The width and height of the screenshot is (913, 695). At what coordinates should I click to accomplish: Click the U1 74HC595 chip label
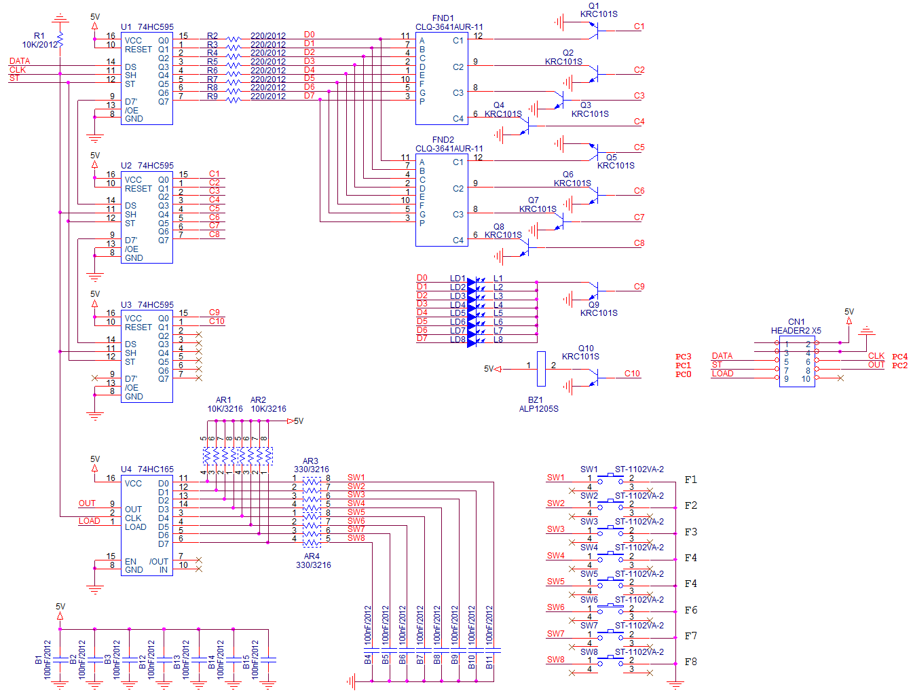click(x=147, y=27)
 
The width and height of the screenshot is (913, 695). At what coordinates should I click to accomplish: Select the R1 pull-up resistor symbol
click(x=60, y=40)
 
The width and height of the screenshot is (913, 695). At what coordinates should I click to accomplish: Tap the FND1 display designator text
click(x=443, y=18)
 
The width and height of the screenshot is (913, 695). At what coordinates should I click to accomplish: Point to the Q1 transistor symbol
click(x=594, y=28)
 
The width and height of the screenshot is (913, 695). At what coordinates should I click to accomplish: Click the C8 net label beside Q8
click(x=639, y=243)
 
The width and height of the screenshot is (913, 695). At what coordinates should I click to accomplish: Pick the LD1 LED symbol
click(x=472, y=279)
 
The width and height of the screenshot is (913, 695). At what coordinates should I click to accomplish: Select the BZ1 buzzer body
click(x=541, y=369)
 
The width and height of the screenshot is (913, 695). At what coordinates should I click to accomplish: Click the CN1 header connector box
click(x=797, y=361)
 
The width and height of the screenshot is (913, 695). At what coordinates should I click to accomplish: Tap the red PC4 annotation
click(x=899, y=357)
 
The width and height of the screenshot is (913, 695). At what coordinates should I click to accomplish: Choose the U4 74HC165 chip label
click(x=147, y=469)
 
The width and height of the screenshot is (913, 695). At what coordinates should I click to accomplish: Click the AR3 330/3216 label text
click(x=311, y=465)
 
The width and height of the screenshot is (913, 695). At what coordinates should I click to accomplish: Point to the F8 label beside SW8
click(x=690, y=662)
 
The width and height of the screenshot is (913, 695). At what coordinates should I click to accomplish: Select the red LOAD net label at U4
click(x=89, y=521)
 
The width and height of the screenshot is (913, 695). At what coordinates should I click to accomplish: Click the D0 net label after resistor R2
click(x=310, y=35)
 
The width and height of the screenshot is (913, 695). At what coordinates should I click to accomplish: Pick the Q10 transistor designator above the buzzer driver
click(x=586, y=349)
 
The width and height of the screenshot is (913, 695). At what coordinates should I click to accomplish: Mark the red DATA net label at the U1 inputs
click(x=20, y=61)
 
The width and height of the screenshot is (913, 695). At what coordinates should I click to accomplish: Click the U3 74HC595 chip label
click(x=147, y=305)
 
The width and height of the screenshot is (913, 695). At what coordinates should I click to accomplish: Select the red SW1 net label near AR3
click(x=356, y=478)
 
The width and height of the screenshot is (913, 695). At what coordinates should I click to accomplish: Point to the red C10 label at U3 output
click(x=217, y=321)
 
